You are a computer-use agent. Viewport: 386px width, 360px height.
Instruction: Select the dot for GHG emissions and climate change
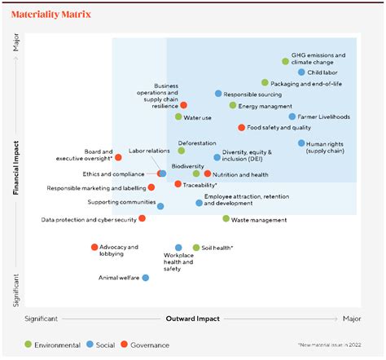[285, 61]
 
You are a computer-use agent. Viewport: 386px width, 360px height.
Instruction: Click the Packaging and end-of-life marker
[265, 83]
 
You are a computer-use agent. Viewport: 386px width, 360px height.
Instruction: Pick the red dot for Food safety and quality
[242, 128]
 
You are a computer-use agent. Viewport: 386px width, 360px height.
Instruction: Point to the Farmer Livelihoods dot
[292, 116]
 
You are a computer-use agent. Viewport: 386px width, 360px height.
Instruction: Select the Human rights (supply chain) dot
[301, 143]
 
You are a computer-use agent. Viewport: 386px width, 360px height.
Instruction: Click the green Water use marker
[178, 117]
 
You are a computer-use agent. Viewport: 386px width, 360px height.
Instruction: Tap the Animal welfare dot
[146, 278]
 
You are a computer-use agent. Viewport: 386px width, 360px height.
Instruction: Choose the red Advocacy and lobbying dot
[94, 247]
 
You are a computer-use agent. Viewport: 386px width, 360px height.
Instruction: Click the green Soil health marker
[196, 248]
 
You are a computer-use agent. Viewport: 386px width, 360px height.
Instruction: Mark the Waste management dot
[226, 219]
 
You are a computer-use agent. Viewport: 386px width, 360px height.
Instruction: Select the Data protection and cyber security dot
[142, 218]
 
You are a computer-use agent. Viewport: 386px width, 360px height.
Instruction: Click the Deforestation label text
[197, 143]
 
